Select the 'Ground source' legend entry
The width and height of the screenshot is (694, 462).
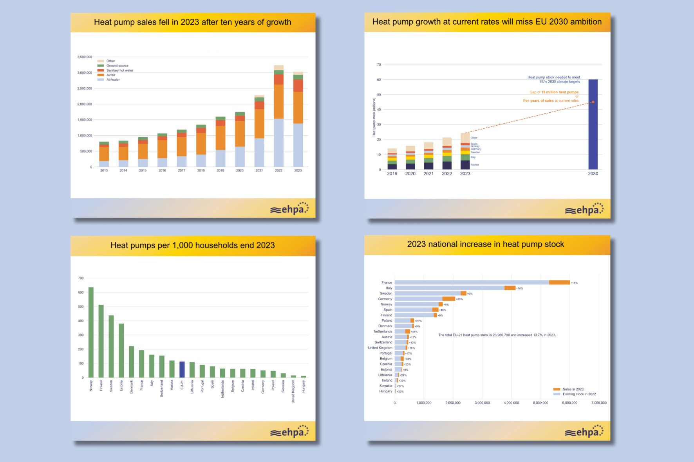click(x=117, y=66)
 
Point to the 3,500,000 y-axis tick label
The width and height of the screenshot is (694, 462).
click(x=85, y=57)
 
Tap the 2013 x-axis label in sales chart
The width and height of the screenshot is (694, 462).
click(x=104, y=171)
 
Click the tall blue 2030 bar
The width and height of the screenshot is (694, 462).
click(x=593, y=125)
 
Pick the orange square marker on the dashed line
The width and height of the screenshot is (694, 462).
click(x=593, y=102)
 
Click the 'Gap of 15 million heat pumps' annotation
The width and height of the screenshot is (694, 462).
click(x=554, y=92)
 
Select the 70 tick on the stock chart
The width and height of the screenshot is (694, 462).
click(x=379, y=65)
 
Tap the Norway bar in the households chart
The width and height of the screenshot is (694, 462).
click(x=91, y=333)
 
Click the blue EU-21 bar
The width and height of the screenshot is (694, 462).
click(x=182, y=369)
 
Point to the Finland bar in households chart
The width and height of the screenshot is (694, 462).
click(x=101, y=341)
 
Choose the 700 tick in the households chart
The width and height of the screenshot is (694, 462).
click(x=81, y=278)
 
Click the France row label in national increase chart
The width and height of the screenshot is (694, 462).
click(x=387, y=282)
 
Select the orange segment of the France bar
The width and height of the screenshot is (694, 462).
click(x=559, y=282)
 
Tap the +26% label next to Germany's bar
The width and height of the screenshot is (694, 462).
click(x=459, y=299)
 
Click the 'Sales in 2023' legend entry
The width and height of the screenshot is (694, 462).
click(x=573, y=389)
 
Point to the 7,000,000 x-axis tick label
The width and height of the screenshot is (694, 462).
click(x=599, y=403)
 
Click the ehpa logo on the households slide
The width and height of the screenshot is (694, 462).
click(x=289, y=432)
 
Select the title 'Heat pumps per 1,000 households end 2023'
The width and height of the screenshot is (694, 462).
click(x=193, y=245)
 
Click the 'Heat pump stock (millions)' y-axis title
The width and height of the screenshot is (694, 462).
click(x=374, y=117)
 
